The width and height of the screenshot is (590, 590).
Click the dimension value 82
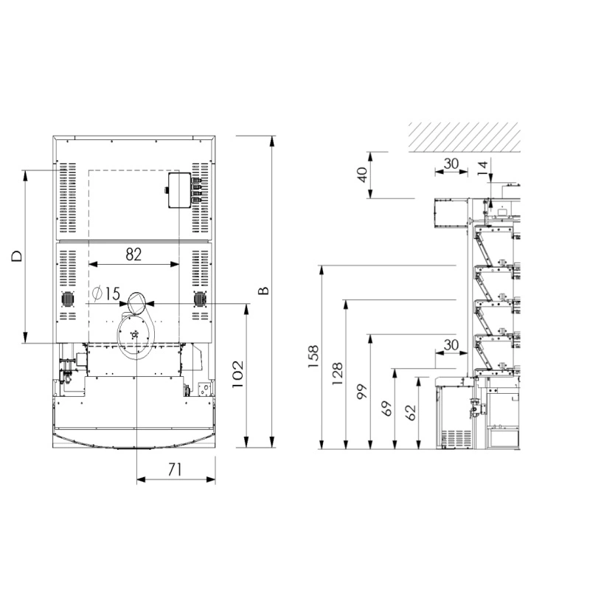pyautogui.click(x=133, y=254)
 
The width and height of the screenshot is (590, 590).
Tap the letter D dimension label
pyautogui.click(x=17, y=256)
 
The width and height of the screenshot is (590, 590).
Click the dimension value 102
pyautogui.click(x=237, y=375)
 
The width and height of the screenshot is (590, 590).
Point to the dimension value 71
pyautogui.click(x=176, y=469)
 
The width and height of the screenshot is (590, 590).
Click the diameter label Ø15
pyautogui.click(x=105, y=294)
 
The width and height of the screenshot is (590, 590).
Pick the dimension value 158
pyautogui.click(x=313, y=356)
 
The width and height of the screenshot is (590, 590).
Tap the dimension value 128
pyautogui.click(x=337, y=373)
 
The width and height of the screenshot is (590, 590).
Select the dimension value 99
pyautogui.click(x=361, y=392)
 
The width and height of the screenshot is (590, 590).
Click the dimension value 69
pyautogui.click(x=386, y=409)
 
